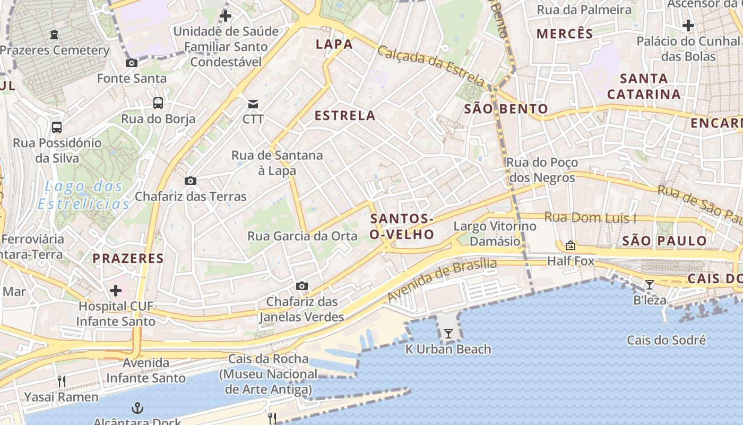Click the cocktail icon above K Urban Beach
pyautogui.click(x=448, y=334)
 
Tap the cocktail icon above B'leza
pyautogui.click(x=649, y=285)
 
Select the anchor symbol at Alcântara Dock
pyautogui.click(x=137, y=408)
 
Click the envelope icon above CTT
pyautogui.click(x=253, y=103)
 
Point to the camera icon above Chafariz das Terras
pyautogui.click(x=191, y=181)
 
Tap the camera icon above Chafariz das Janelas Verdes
pyautogui.click(x=302, y=286)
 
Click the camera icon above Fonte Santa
pyautogui.click(x=131, y=63)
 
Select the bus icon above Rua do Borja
pyautogui.click(x=158, y=103)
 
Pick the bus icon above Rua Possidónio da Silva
pyautogui.click(x=57, y=127)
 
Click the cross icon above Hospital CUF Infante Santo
pyautogui.click(x=115, y=291)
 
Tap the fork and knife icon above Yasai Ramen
pyautogui.click(x=62, y=381)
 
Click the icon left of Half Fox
pyautogui.click(x=571, y=245)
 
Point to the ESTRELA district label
pyautogui.click(x=345, y=115)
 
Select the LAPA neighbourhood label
pyautogui.click(x=334, y=44)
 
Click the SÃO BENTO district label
pyautogui.click(x=506, y=109)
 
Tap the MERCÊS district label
pyautogui.click(x=565, y=34)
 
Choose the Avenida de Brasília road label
pyautogui.click(x=442, y=280)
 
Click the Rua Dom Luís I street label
pyautogui.click(x=590, y=218)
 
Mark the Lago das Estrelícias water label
pyautogui.click(x=84, y=195)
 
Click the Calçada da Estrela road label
pyautogui.click(x=431, y=66)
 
